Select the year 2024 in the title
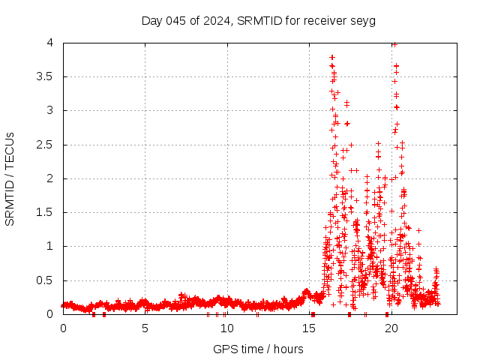[214, 20]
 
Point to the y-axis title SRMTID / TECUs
[10, 178]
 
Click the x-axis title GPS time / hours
[258, 349]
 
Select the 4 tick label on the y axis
[50, 43]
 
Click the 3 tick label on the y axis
[50, 110]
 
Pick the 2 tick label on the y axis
[50, 178]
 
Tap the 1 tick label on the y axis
[50, 246]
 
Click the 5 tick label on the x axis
[145, 328]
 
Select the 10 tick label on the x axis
[227, 328]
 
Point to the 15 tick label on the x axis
[309, 328]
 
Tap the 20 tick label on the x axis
[391, 328]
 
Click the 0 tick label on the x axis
[63, 328]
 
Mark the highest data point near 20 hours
[394, 44]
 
